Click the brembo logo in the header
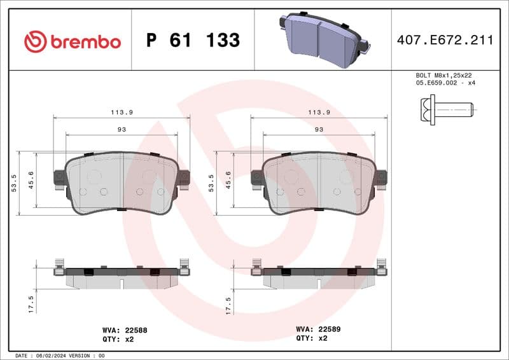[x=72, y=41]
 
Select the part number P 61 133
[x=193, y=41]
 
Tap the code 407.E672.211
[x=445, y=41]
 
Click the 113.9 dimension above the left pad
[x=122, y=112]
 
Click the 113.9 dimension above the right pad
[x=319, y=112]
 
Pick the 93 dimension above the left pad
[x=122, y=129]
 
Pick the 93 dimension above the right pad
[x=319, y=129]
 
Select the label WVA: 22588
[x=125, y=330]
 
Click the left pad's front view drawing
[x=122, y=183]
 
